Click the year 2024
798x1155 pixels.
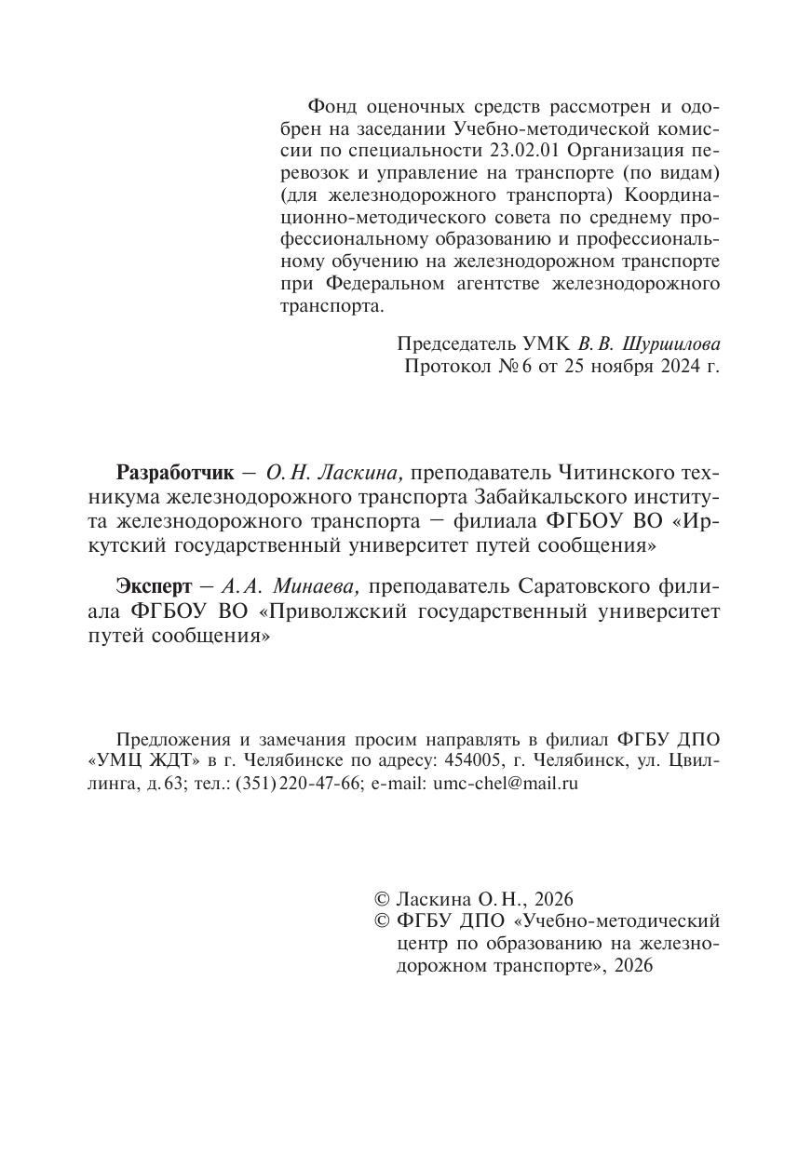click(683, 366)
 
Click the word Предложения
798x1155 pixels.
click(164, 740)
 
